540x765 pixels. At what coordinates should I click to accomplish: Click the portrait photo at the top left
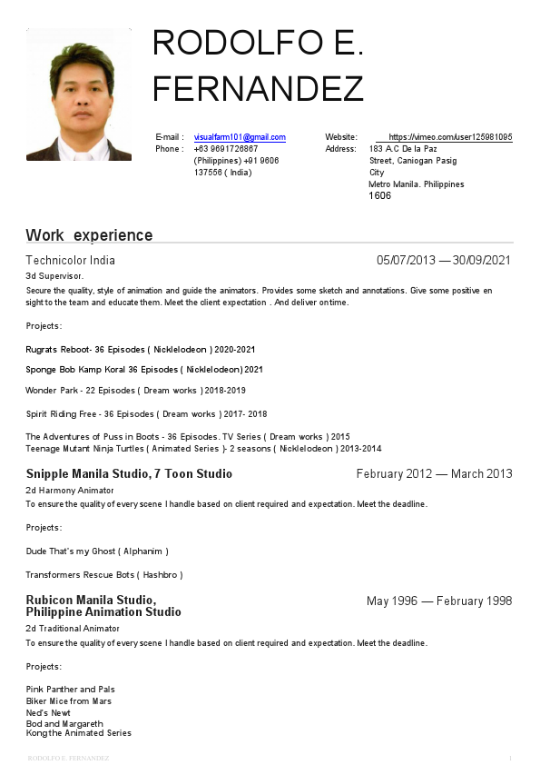(78, 94)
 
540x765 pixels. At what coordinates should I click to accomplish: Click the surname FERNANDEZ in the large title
(258, 89)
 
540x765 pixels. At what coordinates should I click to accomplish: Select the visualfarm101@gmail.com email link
(240, 137)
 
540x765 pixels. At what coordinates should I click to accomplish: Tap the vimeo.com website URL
(450, 137)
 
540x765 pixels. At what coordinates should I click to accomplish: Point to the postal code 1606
(379, 195)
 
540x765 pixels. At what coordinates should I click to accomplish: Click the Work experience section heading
(89, 235)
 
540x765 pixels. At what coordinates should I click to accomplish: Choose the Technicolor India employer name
(71, 261)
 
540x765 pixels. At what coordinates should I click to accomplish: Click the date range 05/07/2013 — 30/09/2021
(444, 261)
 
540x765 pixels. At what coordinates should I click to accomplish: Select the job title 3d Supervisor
(54, 275)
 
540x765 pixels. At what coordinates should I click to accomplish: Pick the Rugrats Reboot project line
(141, 349)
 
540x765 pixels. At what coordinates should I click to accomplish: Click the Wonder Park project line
(135, 390)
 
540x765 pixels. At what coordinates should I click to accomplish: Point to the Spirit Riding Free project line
(146, 413)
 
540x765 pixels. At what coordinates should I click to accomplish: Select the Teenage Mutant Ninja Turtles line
(203, 449)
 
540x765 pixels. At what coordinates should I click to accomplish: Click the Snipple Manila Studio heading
(129, 473)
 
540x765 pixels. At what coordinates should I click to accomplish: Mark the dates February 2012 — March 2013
(434, 473)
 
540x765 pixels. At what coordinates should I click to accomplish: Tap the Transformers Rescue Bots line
(104, 574)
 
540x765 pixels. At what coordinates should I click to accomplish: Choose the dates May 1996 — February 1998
(439, 601)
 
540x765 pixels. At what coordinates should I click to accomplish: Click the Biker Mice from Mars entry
(69, 701)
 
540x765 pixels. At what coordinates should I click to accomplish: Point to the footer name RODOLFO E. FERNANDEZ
(68, 758)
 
